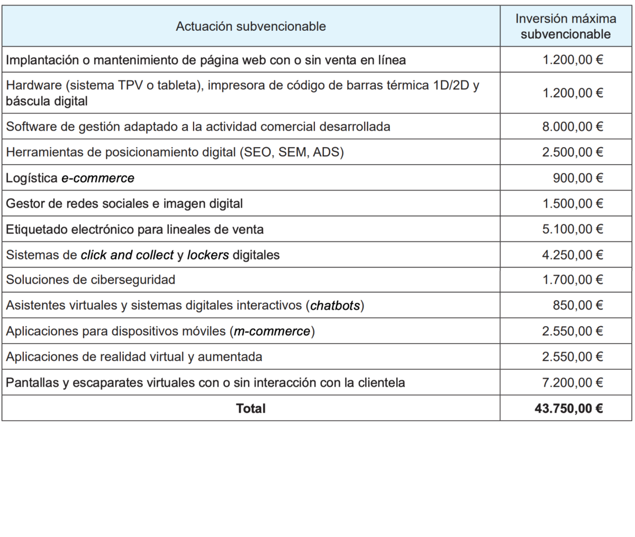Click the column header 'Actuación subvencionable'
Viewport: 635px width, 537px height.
click(250, 26)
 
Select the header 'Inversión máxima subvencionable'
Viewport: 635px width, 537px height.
click(566, 26)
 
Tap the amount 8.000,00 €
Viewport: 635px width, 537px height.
click(573, 127)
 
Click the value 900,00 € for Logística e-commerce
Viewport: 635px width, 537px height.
click(578, 178)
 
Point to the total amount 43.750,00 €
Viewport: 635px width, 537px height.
click(569, 408)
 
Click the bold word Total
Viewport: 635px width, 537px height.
click(251, 408)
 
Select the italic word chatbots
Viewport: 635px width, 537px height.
click(336, 306)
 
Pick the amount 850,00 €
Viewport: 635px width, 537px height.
click(578, 306)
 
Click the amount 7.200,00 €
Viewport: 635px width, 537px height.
click(573, 382)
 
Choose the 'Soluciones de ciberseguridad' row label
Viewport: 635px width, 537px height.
click(90, 280)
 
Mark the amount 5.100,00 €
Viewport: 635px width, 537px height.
click(573, 229)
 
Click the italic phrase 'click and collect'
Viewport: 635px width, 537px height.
click(127, 255)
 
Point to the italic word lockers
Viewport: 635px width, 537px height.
click(208, 255)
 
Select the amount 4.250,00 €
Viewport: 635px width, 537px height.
click(573, 255)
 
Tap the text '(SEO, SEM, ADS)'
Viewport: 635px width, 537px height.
click(292, 153)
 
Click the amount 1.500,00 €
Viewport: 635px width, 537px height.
click(573, 203)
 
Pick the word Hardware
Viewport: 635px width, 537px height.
click(30, 86)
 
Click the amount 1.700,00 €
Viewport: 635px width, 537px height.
click(573, 280)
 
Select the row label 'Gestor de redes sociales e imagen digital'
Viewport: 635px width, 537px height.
click(124, 203)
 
